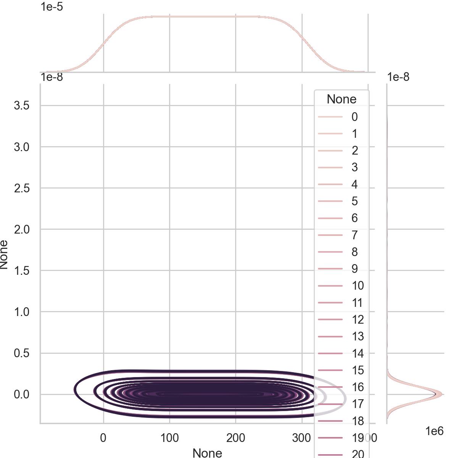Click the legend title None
342,99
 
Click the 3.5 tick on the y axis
22,106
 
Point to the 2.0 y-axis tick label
22,229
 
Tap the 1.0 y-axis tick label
22,312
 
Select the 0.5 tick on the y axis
22,353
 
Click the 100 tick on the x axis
169,438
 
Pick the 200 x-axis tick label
235,438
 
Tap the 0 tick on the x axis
103,438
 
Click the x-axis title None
207,453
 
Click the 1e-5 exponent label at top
52,6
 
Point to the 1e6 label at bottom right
434,431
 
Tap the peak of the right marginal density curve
441,394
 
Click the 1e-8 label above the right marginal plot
398,77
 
